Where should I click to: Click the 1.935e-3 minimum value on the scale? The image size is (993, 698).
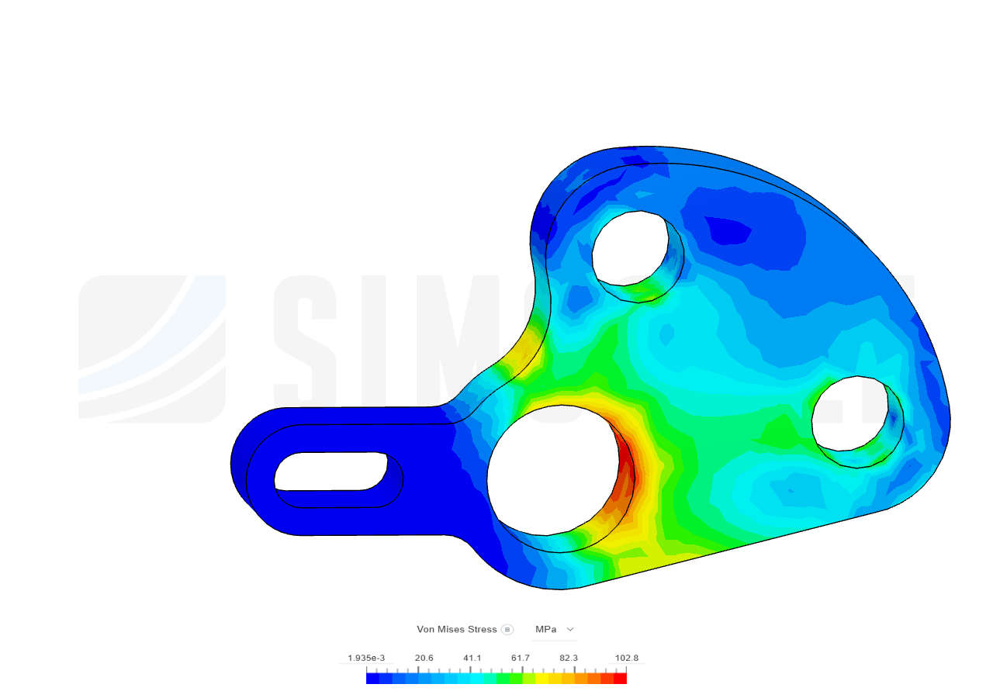point(366,658)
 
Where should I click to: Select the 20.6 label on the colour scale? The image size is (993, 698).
point(424,658)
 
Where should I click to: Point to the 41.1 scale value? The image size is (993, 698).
point(472,658)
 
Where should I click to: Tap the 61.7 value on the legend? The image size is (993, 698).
point(521,658)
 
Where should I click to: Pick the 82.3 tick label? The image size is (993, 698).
point(569,658)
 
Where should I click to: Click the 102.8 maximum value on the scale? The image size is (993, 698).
point(627,658)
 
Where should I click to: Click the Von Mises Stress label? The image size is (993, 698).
point(457,629)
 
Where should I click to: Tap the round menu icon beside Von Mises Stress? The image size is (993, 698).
point(507,629)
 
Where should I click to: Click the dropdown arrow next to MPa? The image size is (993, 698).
point(570,629)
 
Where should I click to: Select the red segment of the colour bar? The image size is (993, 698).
point(620,679)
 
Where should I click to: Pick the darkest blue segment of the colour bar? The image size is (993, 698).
point(372,679)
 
